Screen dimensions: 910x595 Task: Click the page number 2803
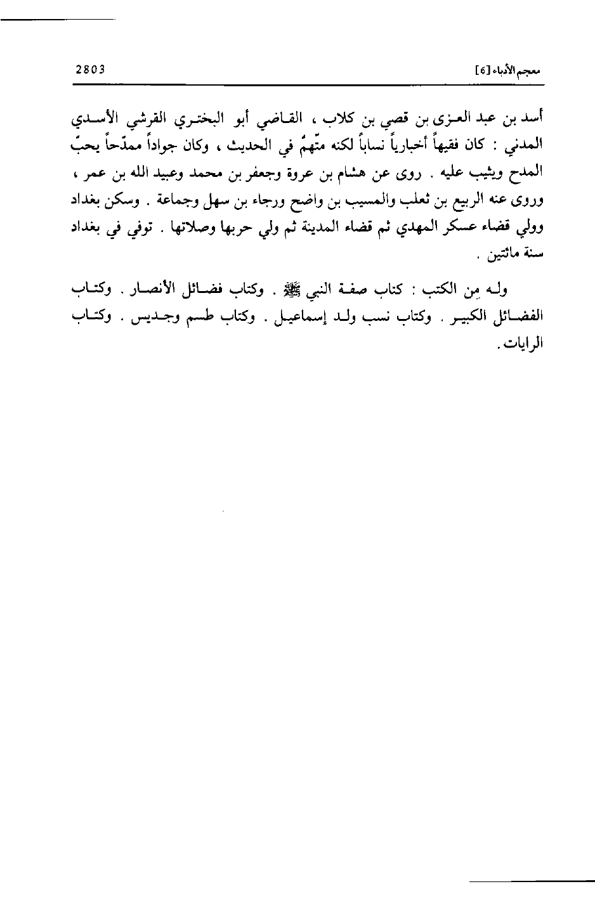click(91, 68)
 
